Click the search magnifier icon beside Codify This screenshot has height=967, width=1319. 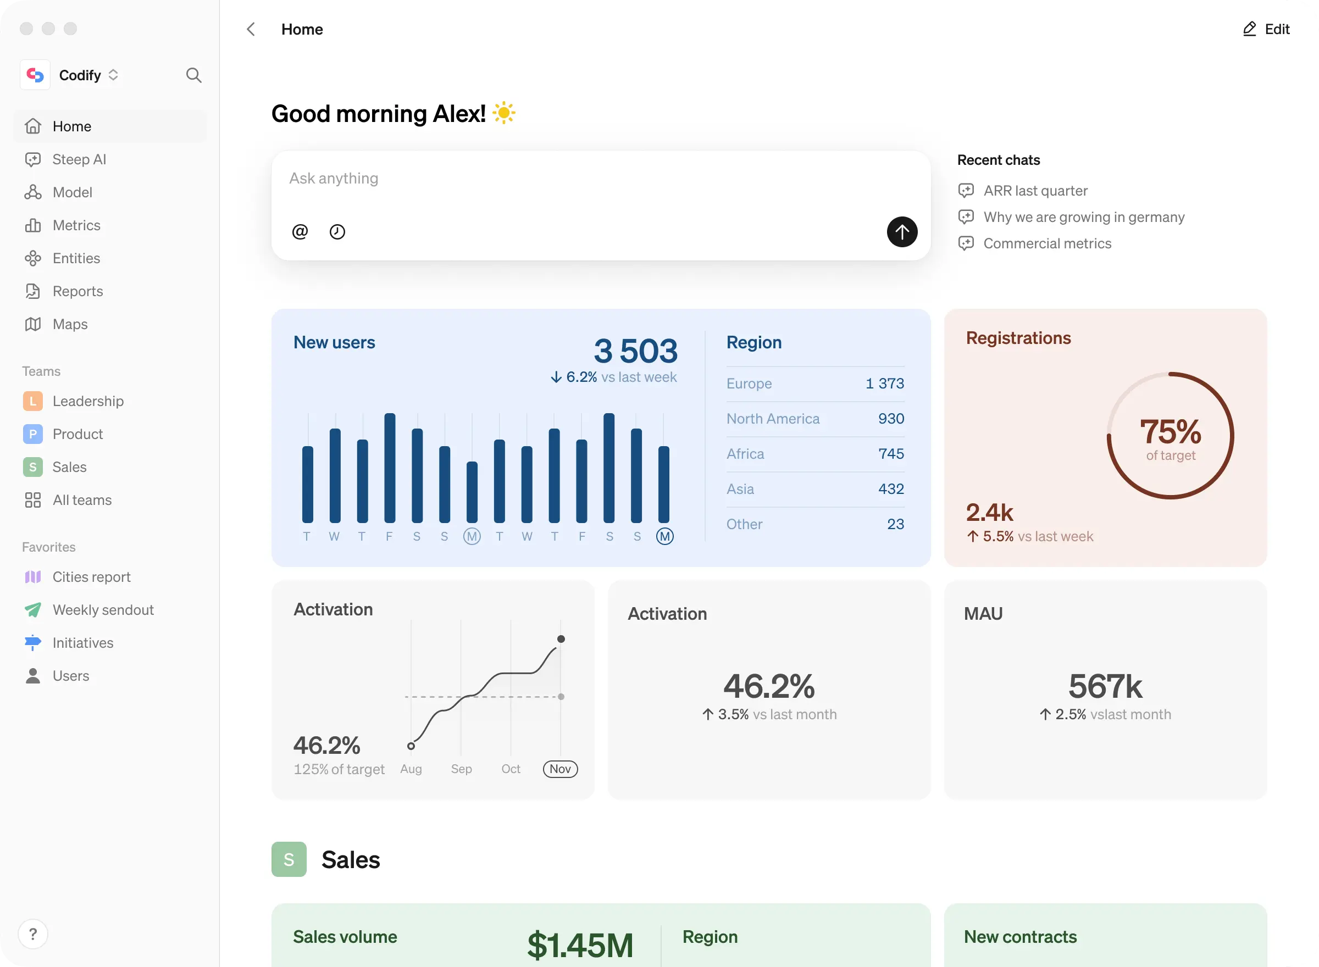(x=194, y=75)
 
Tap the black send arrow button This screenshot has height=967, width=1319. (x=901, y=232)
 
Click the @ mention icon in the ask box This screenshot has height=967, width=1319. (x=300, y=232)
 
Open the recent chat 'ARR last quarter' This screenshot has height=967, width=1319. (x=1035, y=191)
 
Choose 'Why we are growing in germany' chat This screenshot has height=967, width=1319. (x=1084, y=217)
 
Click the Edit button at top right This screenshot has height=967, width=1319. (x=1266, y=29)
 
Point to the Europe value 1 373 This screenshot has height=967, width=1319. (x=885, y=384)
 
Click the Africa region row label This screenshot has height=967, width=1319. (x=745, y=454)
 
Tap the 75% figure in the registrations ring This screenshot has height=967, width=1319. (x=1170, y=431)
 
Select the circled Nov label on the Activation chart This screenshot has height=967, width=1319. (x=560, y=769)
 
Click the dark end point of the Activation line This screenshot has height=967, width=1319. (x=561, y=638)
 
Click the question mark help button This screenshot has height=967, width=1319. (x=33, y=933)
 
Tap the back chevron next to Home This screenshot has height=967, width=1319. (x=251, y=29)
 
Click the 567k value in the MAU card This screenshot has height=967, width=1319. (x=1105, y=686)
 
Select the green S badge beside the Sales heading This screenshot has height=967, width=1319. (x=289, y=859)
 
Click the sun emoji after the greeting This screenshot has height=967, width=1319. (x=503, y=113)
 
